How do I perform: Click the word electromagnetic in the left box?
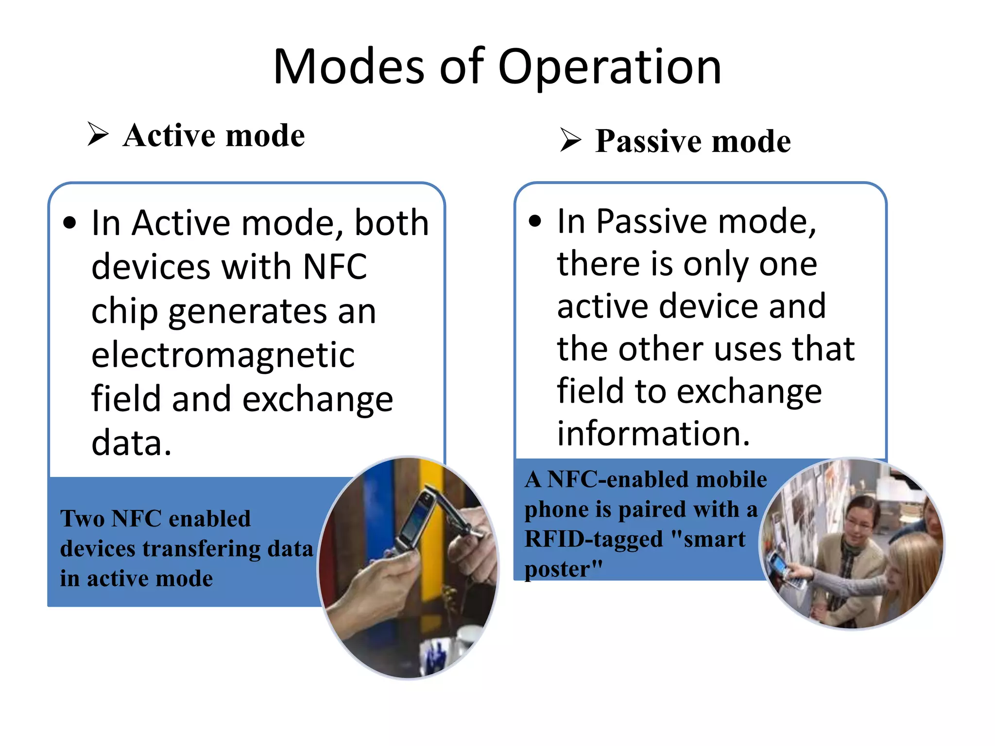coord(223,355)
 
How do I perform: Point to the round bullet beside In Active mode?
coord(70,223)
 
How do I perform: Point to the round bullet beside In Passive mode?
coord(535,221)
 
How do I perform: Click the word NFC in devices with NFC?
coord(335,267)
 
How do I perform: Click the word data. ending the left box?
coord(131,442)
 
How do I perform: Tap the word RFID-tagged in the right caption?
coord(594,539)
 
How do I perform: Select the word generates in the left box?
coord(248,311)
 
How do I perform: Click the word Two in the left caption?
coord(82,519)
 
